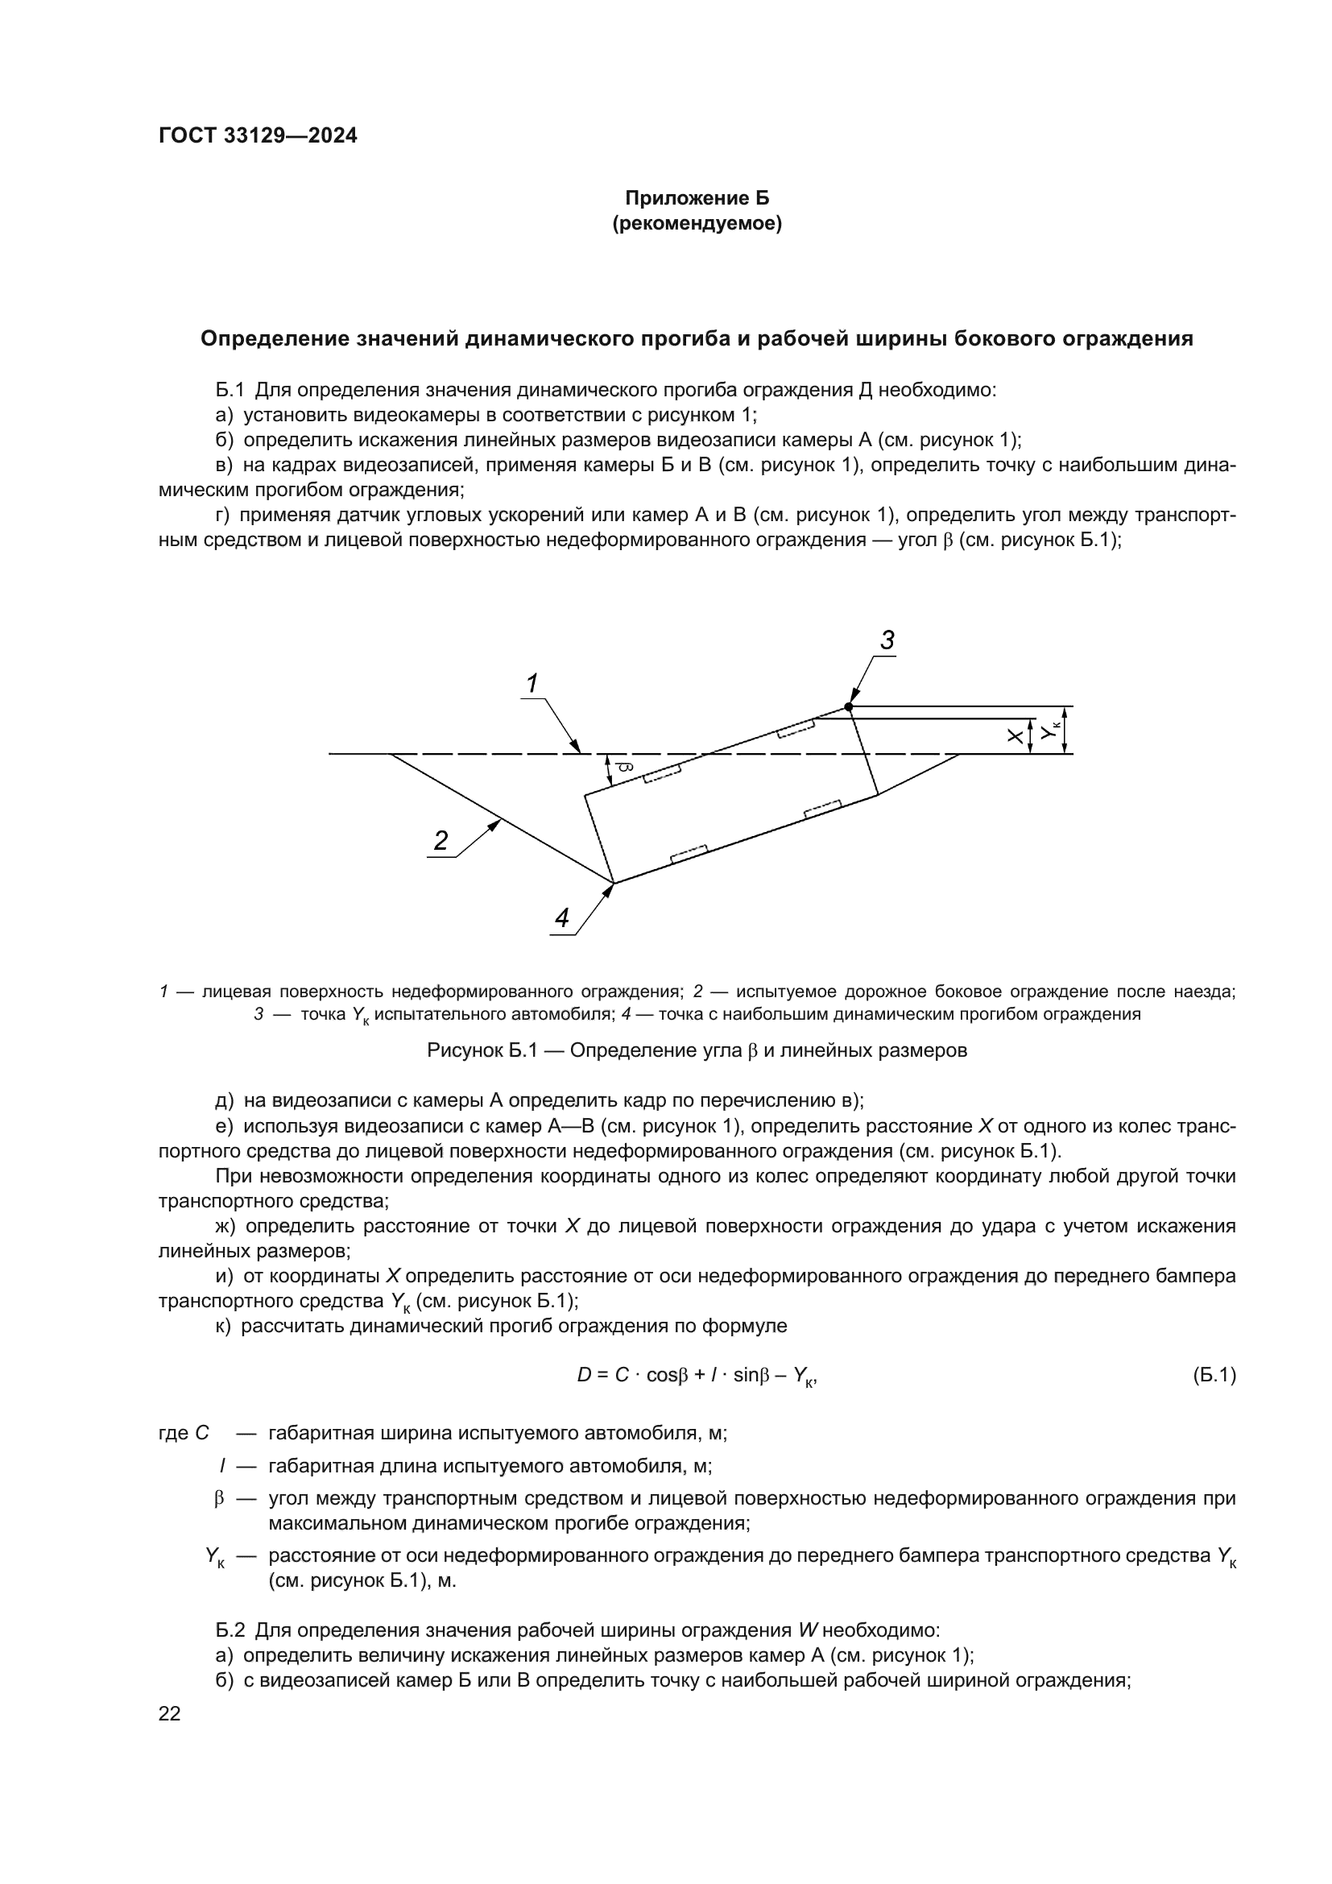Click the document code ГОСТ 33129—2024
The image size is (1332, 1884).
tap(258, 136)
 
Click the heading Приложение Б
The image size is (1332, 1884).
tap(697, 198)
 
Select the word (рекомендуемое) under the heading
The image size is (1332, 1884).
tap(697, 223)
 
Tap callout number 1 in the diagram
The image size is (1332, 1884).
tap(532, 683)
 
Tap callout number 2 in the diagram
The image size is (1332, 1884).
tap(441, 840)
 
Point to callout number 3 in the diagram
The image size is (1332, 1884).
tap(887, 641)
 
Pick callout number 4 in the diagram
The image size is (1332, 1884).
tap(562, 918)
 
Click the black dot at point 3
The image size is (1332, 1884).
tap(849, 706)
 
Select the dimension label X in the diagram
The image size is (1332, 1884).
tap(1015, 737)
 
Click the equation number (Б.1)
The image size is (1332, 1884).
tap(1214, 1375)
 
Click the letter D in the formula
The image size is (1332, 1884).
tap(584, 1375)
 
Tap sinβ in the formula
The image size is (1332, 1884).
tap(751, 1375)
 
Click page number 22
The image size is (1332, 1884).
tap(169, 1713)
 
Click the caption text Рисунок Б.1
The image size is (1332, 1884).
tap(482, 1051)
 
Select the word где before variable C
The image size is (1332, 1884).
tap(173, 1434)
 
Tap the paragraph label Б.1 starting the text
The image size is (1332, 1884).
tap(230, 390)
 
